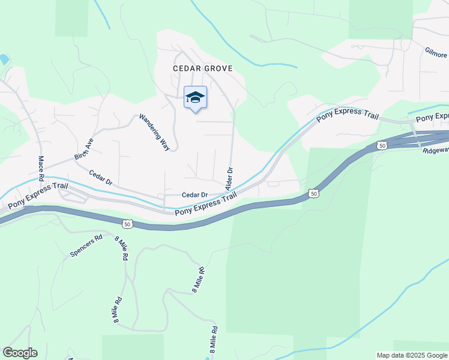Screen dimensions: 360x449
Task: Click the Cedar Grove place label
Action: (202, 68)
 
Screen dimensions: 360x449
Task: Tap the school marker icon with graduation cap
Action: (195, 97)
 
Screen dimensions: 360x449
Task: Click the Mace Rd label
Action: (41, 169)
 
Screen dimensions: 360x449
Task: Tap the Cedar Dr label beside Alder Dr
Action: (194, 195)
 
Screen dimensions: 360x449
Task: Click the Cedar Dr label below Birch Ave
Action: (101, 178)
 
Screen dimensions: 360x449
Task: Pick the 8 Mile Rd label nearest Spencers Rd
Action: (121, 247)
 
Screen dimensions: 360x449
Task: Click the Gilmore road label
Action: (436, 53)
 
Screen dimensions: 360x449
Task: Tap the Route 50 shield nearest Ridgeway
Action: (382, 145)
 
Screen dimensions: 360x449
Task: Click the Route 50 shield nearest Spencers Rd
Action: (126, 224)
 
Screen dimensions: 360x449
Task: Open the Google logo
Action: (20, 352)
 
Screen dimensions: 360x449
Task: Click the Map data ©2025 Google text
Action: (412, 355)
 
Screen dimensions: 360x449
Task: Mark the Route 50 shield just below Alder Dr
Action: (313, 193)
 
